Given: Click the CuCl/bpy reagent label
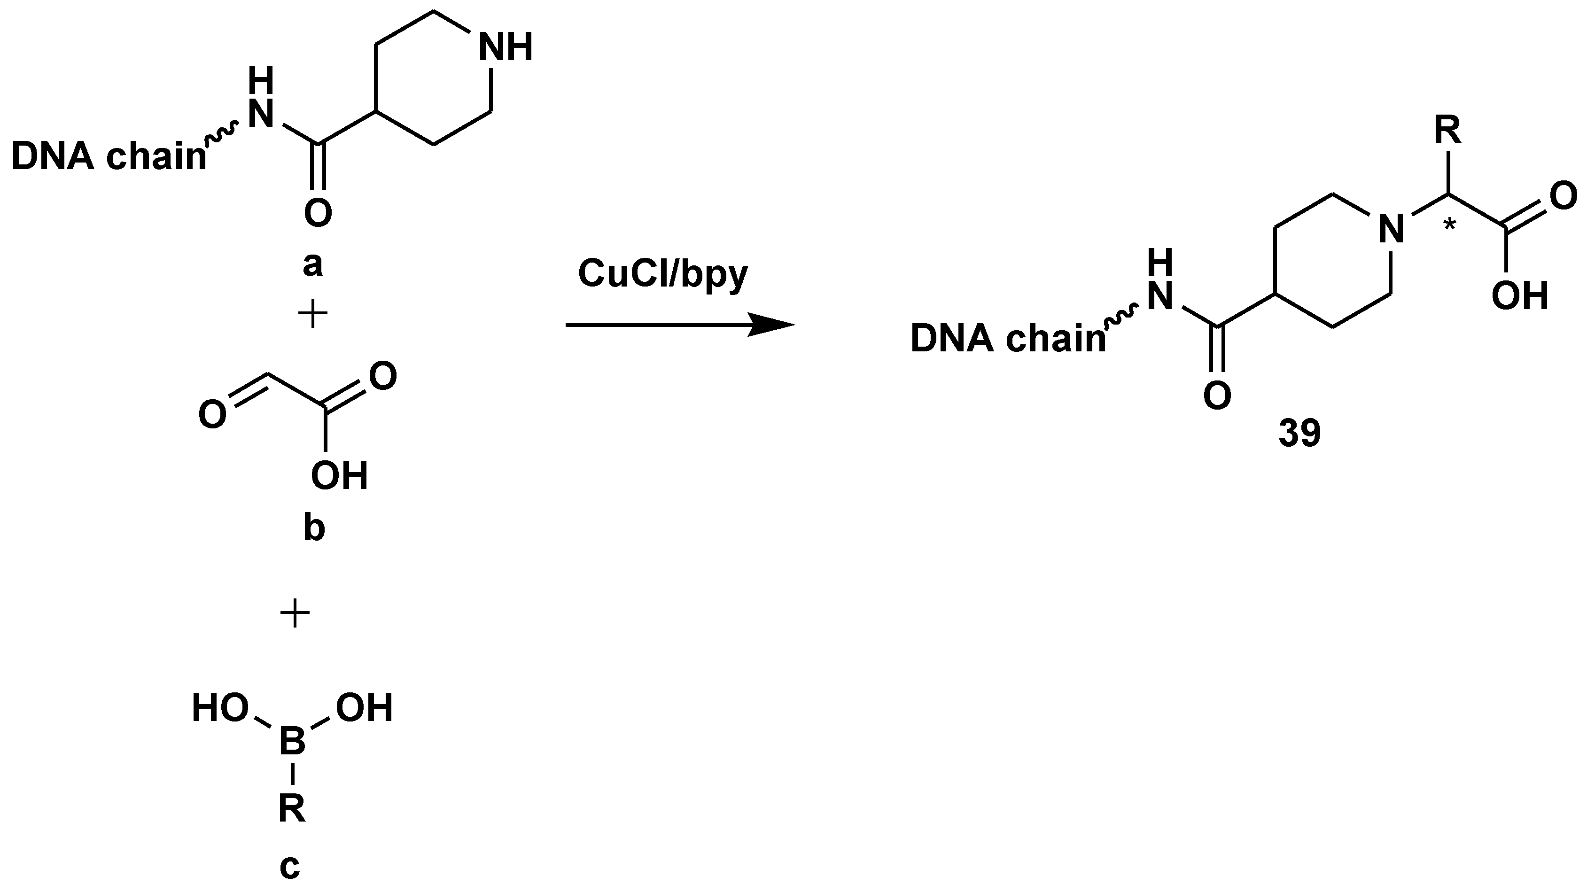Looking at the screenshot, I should [662, 274].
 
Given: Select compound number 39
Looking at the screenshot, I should [1299, 433].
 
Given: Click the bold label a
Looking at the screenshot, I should [313, 265].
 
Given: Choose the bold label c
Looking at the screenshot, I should [290, 866].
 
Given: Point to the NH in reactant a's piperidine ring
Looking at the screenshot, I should [505, 47].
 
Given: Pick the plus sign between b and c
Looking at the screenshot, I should [295, 614].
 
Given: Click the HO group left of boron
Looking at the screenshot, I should [220, 708].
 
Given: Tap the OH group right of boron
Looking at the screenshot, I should [364, 708].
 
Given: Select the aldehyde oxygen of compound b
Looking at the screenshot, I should [212, 415].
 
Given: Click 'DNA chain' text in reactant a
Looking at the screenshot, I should [109, 158].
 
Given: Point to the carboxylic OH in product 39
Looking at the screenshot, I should [1520, 296].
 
